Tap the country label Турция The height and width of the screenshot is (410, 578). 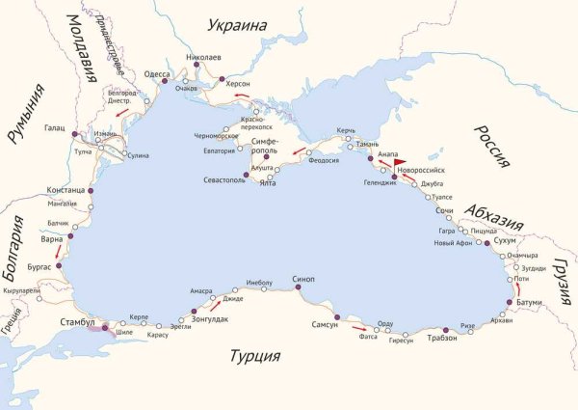pyautogui.click(x=254, y=357)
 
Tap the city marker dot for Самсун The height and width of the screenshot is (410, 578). pyautogui.click(x=337, y=317)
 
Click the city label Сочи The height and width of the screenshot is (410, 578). pyautogui.click(x=444, y=209)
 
